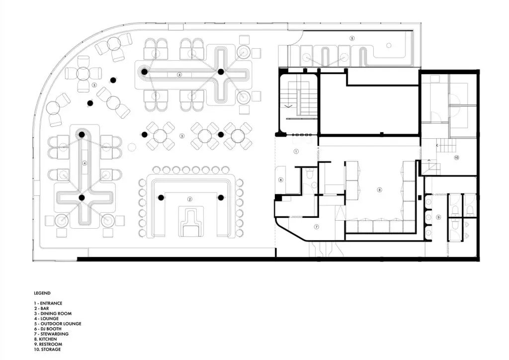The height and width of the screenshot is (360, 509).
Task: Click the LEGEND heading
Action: coord(42,293)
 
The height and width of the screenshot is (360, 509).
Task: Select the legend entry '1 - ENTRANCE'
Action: coord(48,303)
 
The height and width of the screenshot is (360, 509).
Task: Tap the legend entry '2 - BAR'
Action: coord(41,308)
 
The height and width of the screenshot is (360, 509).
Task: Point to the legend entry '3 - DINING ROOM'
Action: coord(53,314)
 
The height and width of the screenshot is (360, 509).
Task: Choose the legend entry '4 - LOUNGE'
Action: coord(46,318)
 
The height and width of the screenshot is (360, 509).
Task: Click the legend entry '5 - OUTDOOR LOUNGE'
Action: coord(58,324)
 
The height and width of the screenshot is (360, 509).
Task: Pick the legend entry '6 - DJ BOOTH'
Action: coord(47,329)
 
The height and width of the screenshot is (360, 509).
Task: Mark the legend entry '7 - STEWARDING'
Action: coord(51,334)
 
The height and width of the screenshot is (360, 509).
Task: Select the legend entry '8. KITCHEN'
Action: coord(45,339)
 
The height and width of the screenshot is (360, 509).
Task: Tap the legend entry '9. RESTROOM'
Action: coord(48,344)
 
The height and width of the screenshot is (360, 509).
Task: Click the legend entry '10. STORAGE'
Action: coord(47,349)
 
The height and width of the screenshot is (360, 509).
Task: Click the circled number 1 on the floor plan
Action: coord(296,151)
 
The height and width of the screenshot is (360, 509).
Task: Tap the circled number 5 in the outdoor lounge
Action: coord(352,38)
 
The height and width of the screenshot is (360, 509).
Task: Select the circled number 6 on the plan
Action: coord(281,180)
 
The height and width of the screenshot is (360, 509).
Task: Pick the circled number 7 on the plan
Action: coord(317,227)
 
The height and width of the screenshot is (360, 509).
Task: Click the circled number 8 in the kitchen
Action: coord(379,190)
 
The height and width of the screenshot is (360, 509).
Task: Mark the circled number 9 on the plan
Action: coord(438,217)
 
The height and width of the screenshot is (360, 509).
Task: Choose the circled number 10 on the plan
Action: coord(456,158)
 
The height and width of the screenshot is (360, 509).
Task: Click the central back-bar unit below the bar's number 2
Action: coord(190,221)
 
